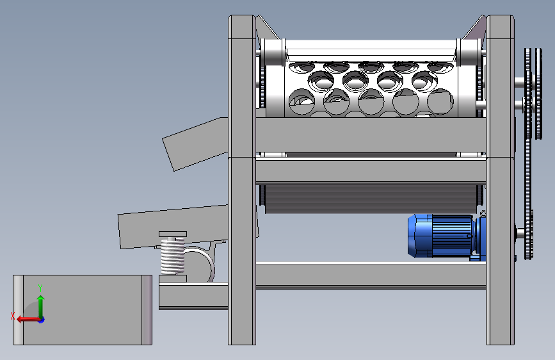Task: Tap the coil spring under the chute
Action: [x=173, y=256]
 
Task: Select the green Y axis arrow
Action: [x=41, y=306]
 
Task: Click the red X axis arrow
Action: [x=28, y=319]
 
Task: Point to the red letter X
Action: [x=13, y=316]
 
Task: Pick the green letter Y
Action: [x=40, y=288]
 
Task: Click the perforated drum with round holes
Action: [x=371, y=89]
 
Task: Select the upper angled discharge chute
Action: [x=195, y=144]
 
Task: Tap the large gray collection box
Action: [x=83, y=309]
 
